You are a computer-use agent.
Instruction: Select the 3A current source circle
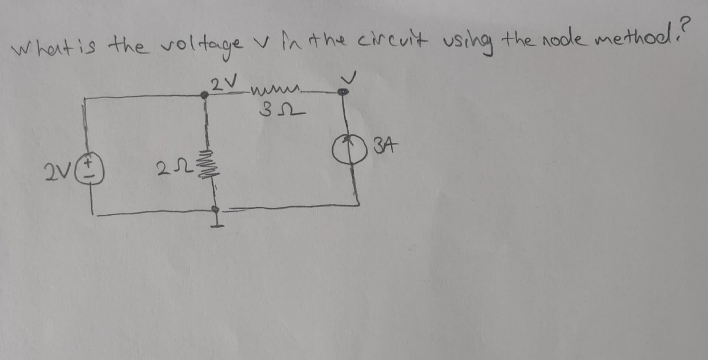[x=349, y=150]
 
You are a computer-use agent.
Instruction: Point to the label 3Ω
[x=282, y=109]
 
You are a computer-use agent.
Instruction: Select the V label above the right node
[x=348, y=77]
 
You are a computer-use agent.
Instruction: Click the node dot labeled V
[x=343, y=91]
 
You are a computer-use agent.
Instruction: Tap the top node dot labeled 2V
[x=204, y=95]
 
